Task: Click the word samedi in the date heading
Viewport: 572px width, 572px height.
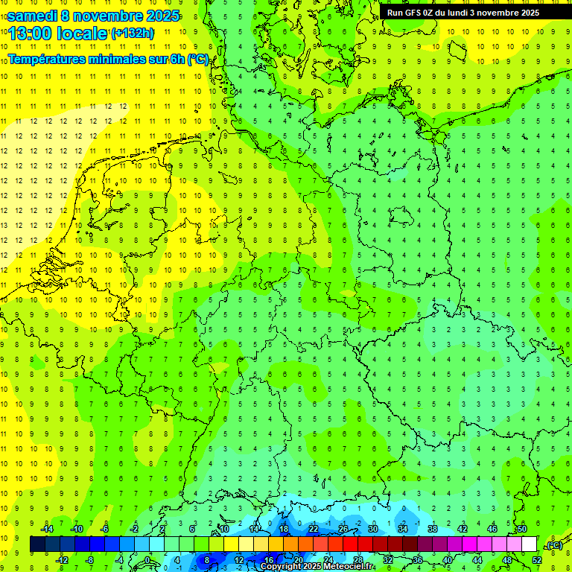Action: pyautogui.click(x=32, y=16)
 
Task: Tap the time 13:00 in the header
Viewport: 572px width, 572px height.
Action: pyautogui.click(x=33, y=34)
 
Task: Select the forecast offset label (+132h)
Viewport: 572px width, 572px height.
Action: pyautogui.click(x=133, y=33)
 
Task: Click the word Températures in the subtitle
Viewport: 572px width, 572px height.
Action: pyautogui.click(x=50, y=59)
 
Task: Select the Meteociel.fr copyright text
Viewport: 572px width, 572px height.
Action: pyautogui.click(x=317, y=566)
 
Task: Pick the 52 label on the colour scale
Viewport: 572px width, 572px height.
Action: pyautogui.click(x=537, y=559)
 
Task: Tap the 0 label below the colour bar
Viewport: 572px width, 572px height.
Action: pyautogui.click(x=147, y=559)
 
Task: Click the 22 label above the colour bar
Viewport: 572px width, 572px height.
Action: pyautogui.click(x=314, y=528)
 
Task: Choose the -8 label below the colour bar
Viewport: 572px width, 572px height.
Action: pyautogui.click(x=90, y=559)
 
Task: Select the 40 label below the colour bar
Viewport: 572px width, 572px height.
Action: pyautogui.click(x=447, y=559)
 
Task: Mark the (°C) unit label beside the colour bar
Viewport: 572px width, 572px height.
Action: pyautogui.click(x=553, y=545)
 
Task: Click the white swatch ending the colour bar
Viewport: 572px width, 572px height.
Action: pyautogui.click(x=529, y=544)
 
